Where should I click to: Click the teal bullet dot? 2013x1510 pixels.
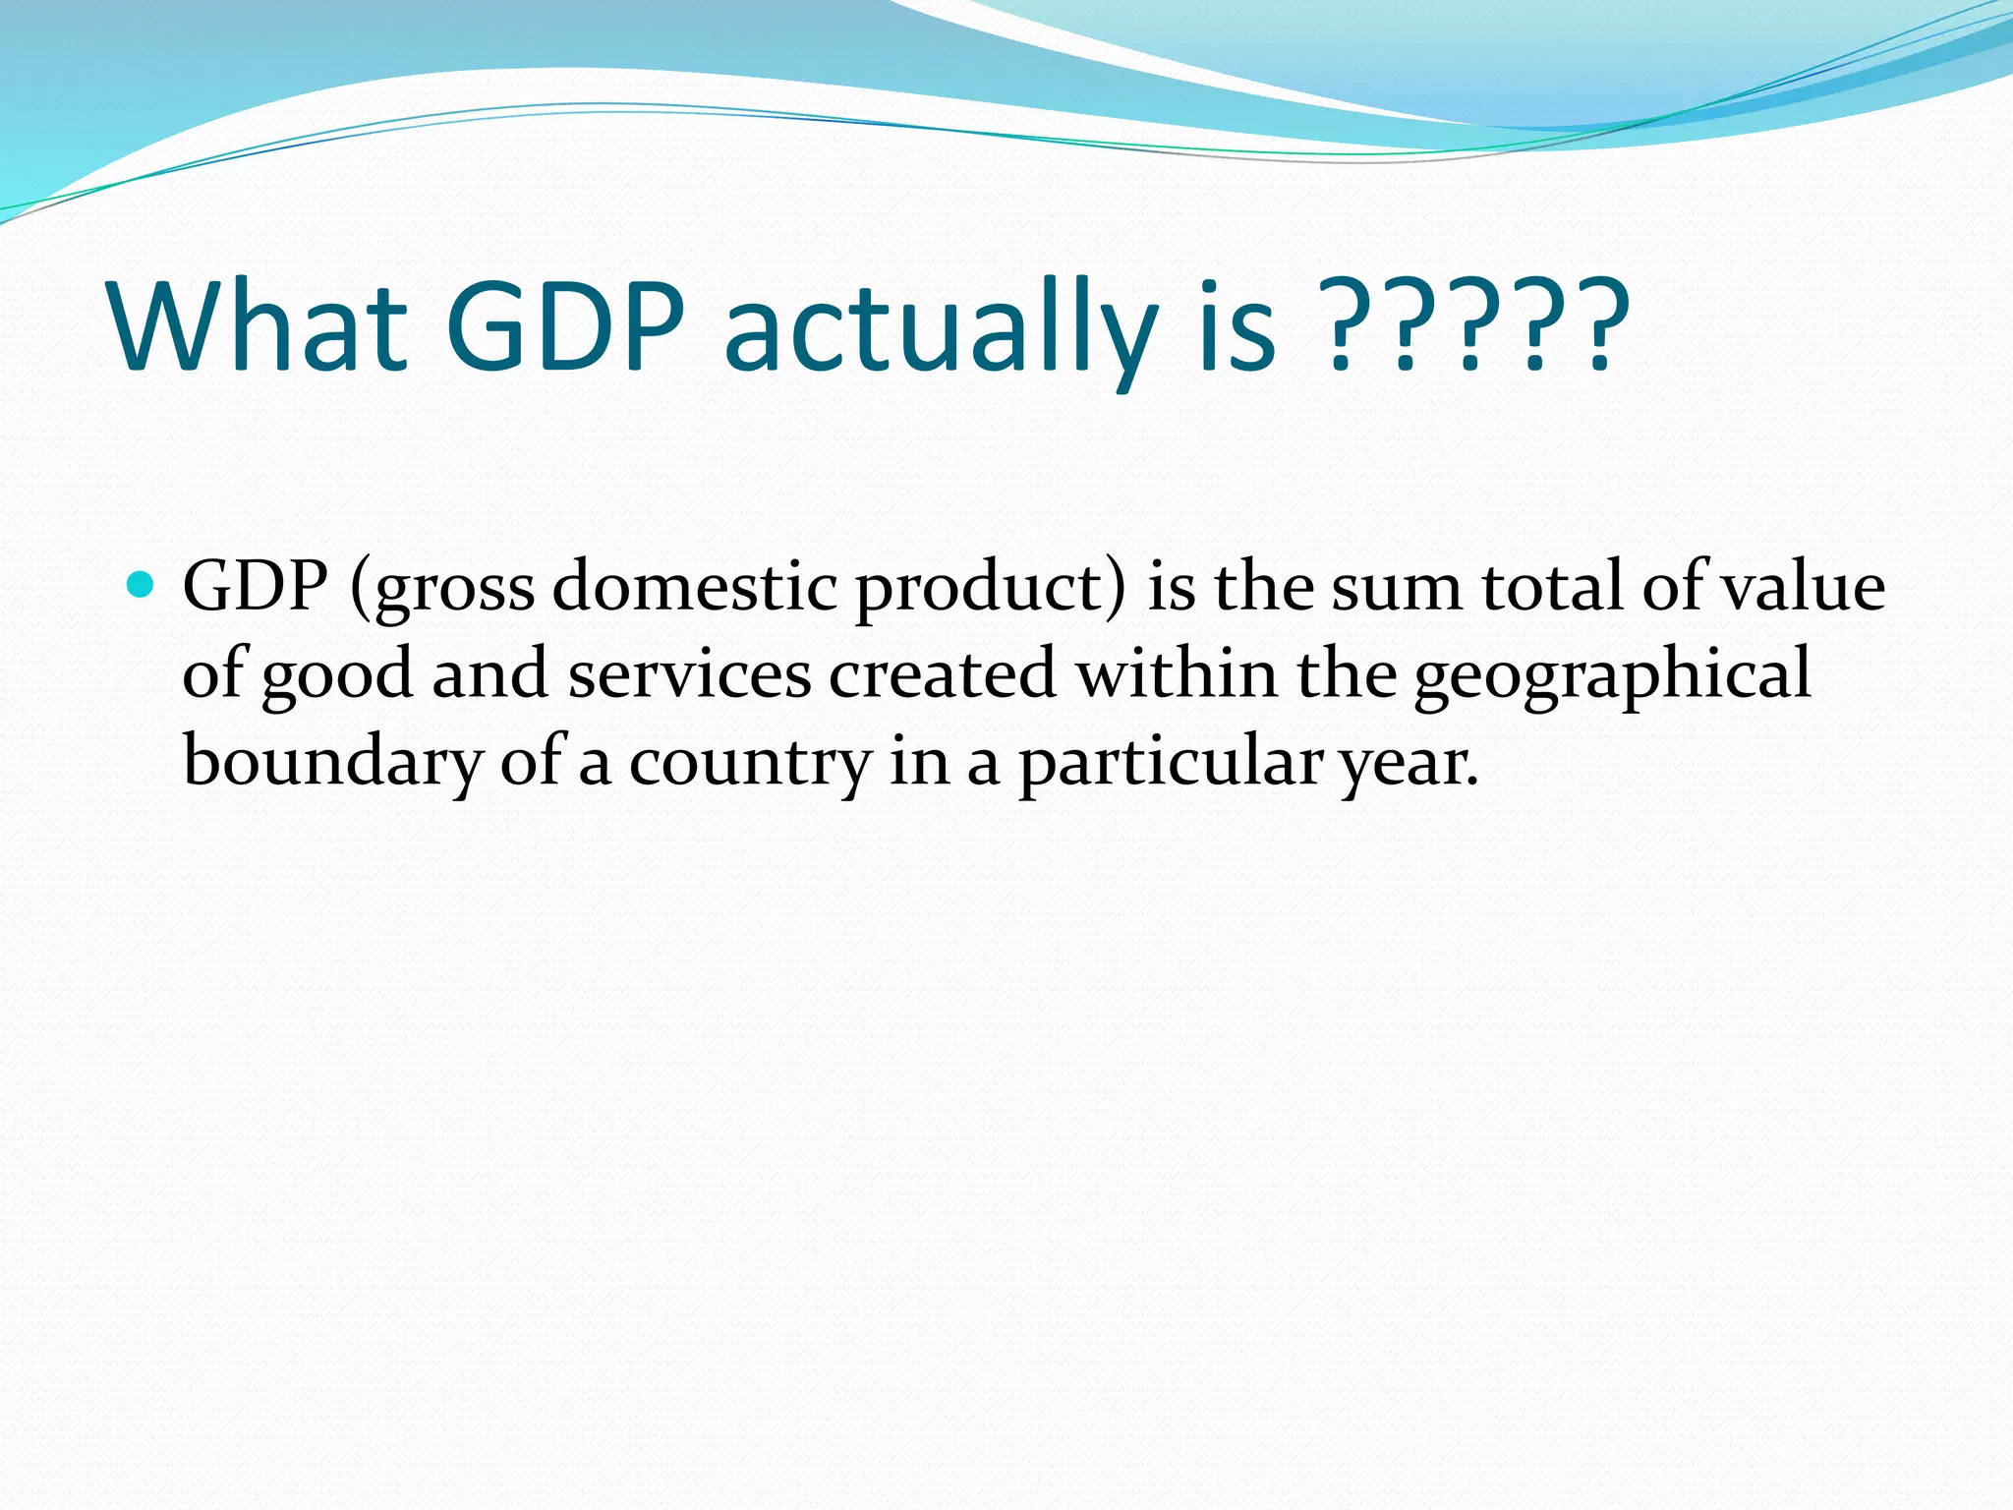tap(142, 586)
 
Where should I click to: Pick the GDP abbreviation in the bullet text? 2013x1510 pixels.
tap(256, 587)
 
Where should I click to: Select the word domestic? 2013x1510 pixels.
tap(694, 587)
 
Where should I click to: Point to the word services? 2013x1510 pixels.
tap(690, 674)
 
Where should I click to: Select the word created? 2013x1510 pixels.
tap(943, 674)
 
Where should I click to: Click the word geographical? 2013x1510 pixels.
tap(1612, 677)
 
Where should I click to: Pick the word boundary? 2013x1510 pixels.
tap(332, 764)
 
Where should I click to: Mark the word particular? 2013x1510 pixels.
tap(1171, 764)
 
